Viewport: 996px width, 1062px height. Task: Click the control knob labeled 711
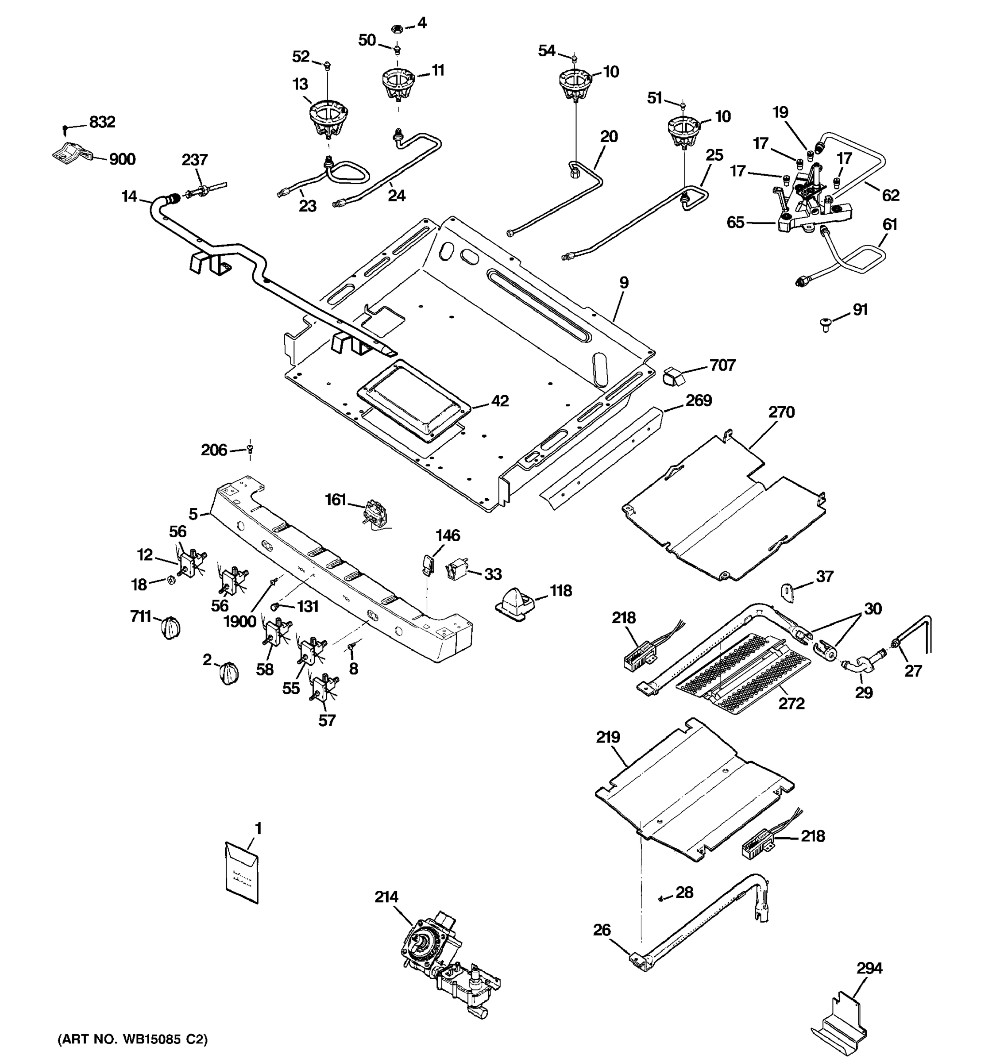(170, 627)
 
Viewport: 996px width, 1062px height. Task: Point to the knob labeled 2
(229, 673)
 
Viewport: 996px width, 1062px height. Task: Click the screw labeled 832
(65, 128)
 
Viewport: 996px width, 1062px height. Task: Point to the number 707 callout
(722, 366)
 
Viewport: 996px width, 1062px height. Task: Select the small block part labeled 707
(673, 376)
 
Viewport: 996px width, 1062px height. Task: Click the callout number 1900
(240, 622)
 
